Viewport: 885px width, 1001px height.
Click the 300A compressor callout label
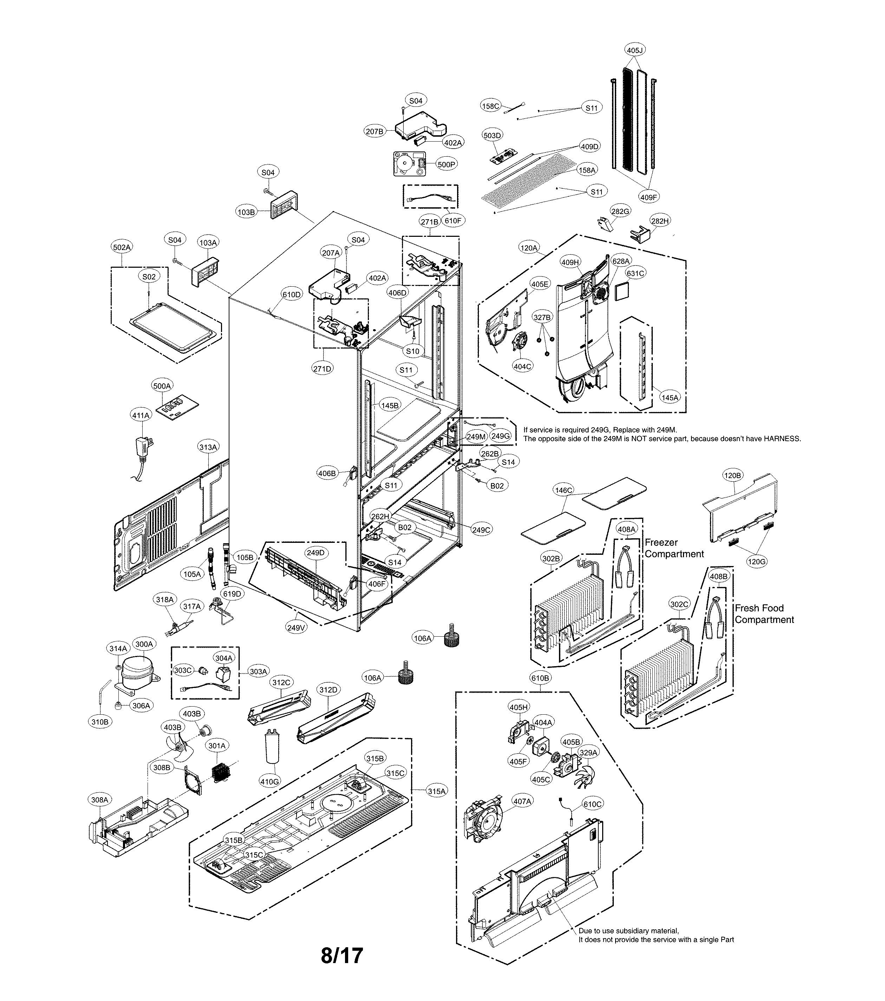(144, 644)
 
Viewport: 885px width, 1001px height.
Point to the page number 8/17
(342, 955)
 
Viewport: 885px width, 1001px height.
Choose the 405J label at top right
(635, 50)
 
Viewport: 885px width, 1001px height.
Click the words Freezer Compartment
(674, 548)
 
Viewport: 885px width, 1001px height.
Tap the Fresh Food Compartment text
(764, 613)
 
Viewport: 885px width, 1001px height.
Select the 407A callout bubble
(522, 801)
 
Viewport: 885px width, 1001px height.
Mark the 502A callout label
(122, 247)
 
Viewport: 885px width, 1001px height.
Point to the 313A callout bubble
(208, 447)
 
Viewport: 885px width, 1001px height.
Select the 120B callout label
(732, 475)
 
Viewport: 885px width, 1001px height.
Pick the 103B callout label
(246, 212)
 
